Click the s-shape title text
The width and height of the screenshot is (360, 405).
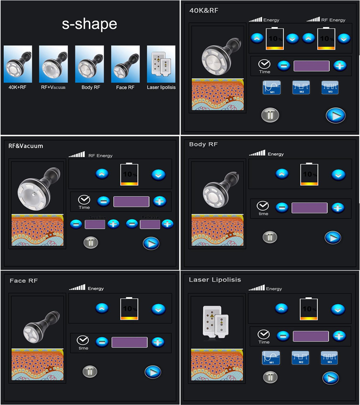pos(89,24)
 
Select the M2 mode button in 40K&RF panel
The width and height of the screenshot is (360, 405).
pos(299,87)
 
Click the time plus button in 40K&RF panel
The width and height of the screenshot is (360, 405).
pos(339,66)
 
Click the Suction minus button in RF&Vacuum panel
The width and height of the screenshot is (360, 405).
pos(76,223)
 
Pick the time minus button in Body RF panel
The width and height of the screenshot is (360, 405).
pos(282,208)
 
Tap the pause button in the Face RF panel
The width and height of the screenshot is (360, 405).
pos(89,371)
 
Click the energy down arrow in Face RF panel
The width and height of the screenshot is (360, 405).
pos(158,308)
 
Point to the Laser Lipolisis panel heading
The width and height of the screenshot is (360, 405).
pos(215,280)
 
